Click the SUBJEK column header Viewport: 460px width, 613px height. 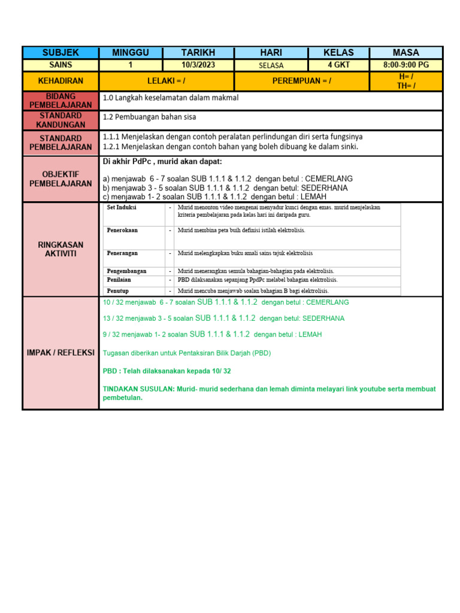click(x=60, y=53)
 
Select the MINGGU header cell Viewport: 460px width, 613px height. click(x=130, y=53)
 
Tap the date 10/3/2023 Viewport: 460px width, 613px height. click(x=198, y=65)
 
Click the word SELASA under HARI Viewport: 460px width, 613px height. click(x=271, y=66)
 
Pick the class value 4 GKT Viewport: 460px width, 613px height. click(x=338, y=65)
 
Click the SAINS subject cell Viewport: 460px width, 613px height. click(x=60, y=65)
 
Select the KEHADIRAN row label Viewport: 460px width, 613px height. click(x=60, y=81)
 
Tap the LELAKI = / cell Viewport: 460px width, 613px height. click(x=167, y=81)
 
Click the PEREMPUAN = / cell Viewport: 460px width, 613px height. click(x=301, y=81)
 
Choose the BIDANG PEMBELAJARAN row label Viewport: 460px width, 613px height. click(x=60, y=101)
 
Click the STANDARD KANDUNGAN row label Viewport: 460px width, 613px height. click(x=60, y=120)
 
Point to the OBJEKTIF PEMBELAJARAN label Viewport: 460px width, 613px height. click(x=60, y=178)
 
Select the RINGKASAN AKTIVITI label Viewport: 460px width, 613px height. click(x=60, y=249)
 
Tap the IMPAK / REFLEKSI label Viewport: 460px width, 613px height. click(x=60, y=353)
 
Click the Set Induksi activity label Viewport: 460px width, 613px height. click(x=122, y=208)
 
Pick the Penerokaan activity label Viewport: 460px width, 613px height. click(x=123, y=230)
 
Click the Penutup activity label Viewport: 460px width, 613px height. click(x=119, y=291)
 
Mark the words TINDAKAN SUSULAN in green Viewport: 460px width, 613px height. click(x=138, y=389)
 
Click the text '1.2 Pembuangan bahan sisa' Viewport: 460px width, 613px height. click(x=149, y=117)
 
